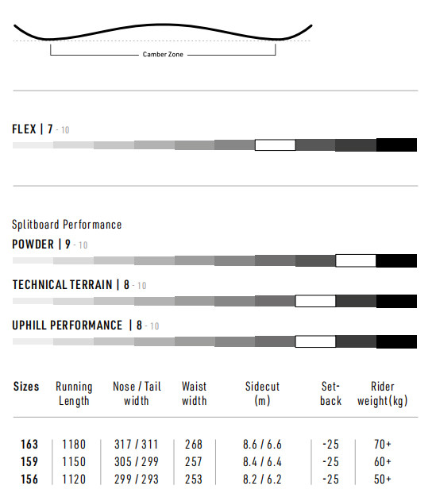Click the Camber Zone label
coord(163,54)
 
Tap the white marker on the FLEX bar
coord(275,145)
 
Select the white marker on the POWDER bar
coord(356,260)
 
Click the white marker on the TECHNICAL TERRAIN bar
coord(315,301)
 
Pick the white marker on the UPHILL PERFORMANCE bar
coord(315,341)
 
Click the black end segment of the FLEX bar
coord(396,145)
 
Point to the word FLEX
coord(24,129)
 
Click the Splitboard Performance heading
coord(67,225)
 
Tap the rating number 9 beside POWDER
coord(67,244)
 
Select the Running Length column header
coord(74,394)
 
